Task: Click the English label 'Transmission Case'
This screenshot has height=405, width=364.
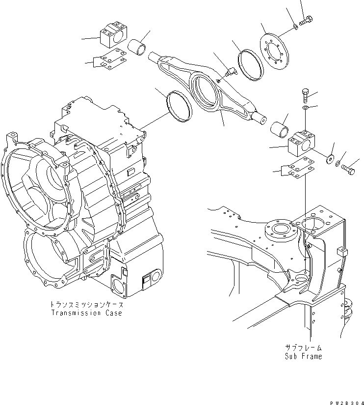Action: (x=86, y=313)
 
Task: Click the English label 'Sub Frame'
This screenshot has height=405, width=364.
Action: (x=303, y=356)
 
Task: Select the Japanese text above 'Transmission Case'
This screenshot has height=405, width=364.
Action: (x=86, y=304)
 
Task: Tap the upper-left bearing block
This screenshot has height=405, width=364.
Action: (x=113, y=37)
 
